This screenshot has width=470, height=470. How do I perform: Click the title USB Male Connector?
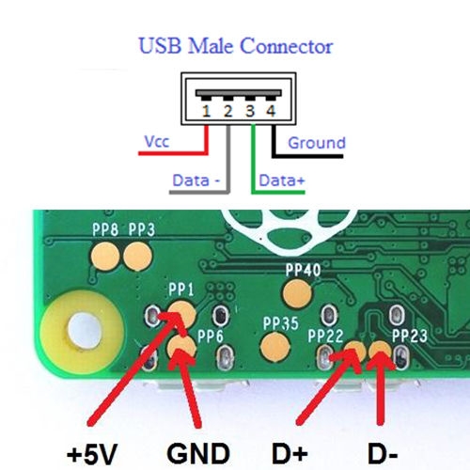coord(236,46)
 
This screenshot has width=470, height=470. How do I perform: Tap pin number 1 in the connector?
coord(206,111)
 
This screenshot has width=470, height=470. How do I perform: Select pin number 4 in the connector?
coord(271,111)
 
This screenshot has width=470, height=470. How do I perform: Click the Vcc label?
coord(157,142)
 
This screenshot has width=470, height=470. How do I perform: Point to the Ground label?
coord(317,143)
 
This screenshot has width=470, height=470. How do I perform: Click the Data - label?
coord(196,180)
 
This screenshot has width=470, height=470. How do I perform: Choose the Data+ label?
coord(282,180)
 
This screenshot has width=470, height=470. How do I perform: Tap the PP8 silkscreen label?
coord(105,229)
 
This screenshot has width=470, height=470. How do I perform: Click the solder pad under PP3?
coord(137,257)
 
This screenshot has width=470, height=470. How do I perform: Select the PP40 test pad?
coord(297,293)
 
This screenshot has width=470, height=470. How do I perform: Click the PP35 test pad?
coord(274,347)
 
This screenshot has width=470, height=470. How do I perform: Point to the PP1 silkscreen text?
coord(181,290)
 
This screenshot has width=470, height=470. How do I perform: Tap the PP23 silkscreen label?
coord(410,337)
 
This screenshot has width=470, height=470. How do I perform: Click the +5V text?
coord(92,454)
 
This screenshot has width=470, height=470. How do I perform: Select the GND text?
coord(198,454)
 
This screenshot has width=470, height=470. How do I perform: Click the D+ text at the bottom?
coord(290,454)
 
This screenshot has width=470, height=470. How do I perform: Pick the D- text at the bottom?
coord(383,454)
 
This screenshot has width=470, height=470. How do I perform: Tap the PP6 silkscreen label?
coord(211,337)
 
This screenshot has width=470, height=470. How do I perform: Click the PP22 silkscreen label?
coord(325,337)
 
